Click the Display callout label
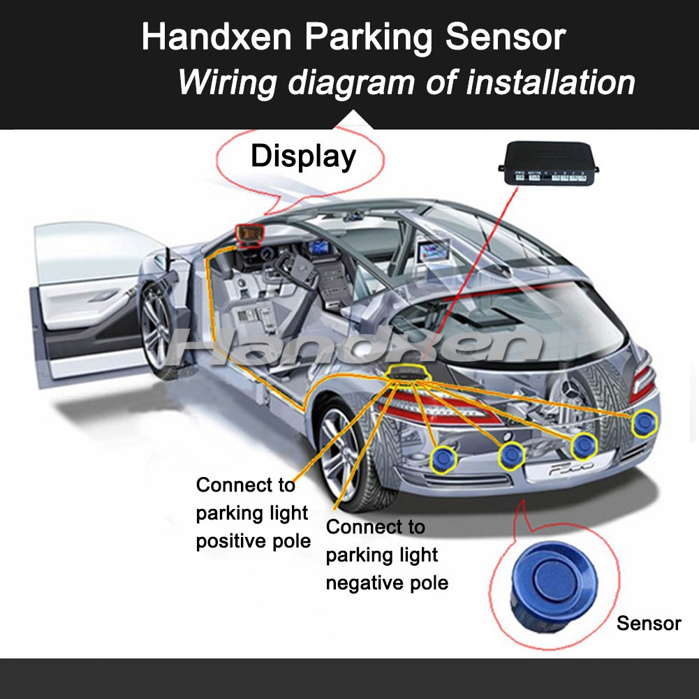click(x=303, y=156)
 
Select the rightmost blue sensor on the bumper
click(x=644, y=422)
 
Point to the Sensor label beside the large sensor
click(x=648, y=623)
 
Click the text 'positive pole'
click(x=253, y=541)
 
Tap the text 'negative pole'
click(x=387, y=582)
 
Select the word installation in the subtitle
click(x=550, y=82)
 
